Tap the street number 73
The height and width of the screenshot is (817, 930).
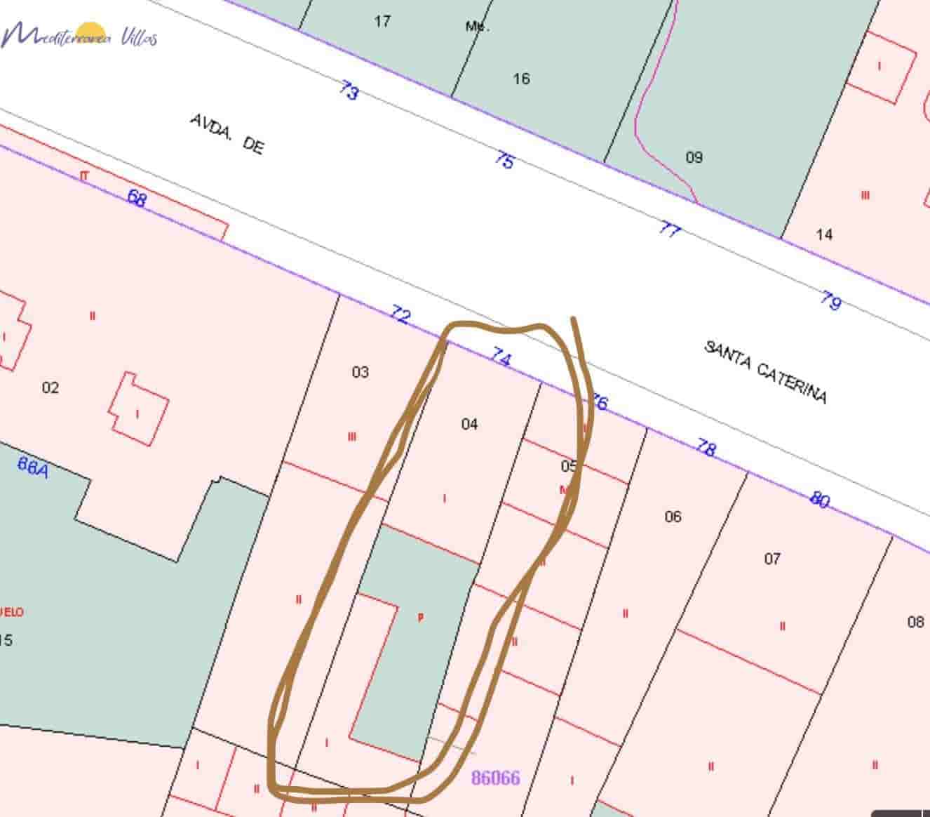(349, 91)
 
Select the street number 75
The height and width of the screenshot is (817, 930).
(504, 160)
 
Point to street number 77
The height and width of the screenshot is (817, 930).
(670, 229)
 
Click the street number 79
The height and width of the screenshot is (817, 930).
(830, 301)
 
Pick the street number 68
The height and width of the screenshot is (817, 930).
(137, 198)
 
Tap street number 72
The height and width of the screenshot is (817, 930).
(400, 315)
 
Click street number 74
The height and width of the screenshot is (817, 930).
(500, 357)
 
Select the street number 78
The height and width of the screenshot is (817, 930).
(706, 447)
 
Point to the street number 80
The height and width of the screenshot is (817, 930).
(819, 499)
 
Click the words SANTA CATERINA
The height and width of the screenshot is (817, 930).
(765, 372)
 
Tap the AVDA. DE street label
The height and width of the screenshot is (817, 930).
(227, 134)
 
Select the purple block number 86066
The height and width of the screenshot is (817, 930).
(495, 778)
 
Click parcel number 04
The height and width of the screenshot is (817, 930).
(469, 424)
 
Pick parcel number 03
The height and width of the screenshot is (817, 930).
(360, 372)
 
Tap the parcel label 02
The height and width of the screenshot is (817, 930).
(50, 387)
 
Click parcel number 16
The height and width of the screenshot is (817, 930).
(521, 79)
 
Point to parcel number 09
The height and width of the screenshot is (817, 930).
(694, 157)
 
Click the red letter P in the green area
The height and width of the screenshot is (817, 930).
(420, 618)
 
